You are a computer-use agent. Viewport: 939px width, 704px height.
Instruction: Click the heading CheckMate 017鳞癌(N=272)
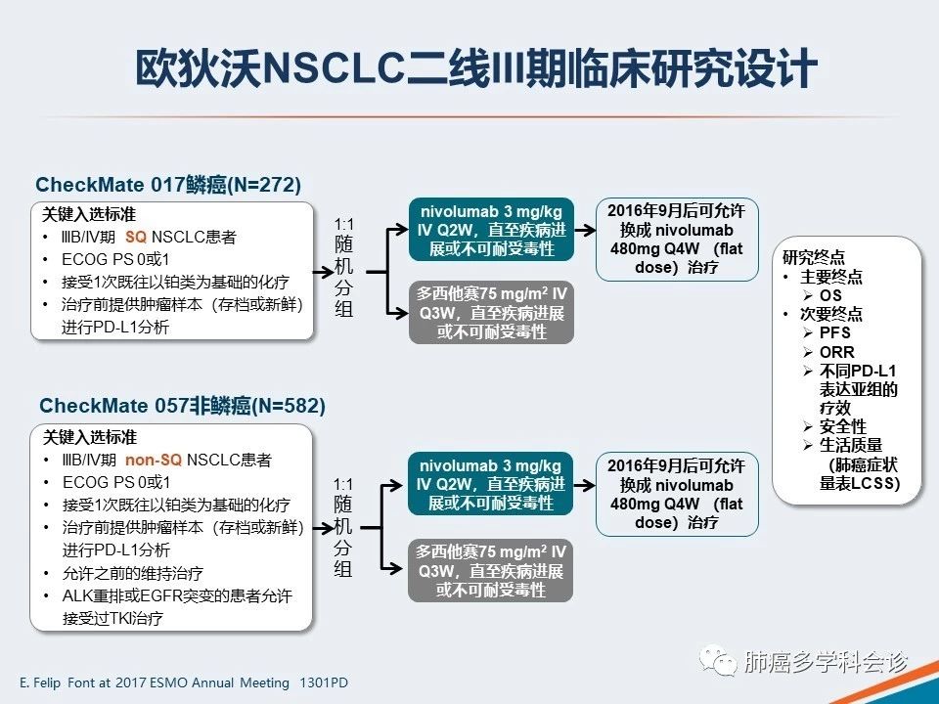(168, 185)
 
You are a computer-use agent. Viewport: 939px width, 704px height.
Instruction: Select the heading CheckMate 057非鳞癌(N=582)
(181, 405)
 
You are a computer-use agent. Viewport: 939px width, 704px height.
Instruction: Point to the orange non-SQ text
(154, 460)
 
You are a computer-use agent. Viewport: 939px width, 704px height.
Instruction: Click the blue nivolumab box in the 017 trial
(490, 231)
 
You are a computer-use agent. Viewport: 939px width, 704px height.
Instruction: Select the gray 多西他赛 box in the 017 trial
(490, 313)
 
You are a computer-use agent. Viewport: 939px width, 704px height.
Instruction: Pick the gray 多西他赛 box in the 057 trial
(490, 569)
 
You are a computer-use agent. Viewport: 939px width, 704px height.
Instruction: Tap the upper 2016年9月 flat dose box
(676, 240)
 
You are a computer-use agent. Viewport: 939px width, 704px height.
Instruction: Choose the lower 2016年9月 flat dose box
(676, 494)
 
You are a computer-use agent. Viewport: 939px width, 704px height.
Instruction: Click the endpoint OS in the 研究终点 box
(830, 295)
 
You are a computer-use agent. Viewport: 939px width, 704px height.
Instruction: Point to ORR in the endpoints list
(836, 352)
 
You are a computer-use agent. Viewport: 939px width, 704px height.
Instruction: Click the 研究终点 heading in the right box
(814, 258)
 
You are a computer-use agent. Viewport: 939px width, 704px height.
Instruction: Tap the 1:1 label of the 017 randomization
(343, 224)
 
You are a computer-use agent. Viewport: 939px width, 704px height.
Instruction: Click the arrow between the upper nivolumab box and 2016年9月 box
(585, 231)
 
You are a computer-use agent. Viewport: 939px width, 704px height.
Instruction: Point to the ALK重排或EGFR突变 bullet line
(168, 595)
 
